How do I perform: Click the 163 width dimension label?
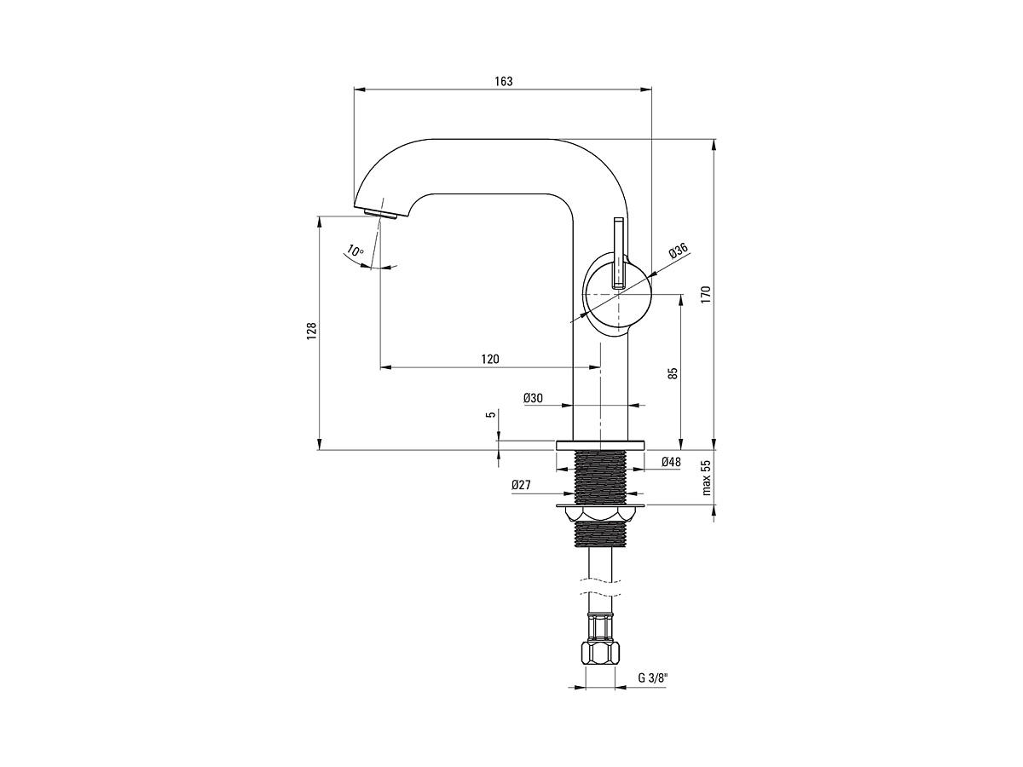503,82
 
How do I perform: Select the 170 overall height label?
706,295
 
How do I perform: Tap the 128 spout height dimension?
311,331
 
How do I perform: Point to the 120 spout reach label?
490,359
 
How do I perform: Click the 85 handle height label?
673,373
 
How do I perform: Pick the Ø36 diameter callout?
679,251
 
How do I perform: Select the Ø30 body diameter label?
533,398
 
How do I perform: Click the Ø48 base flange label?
671,462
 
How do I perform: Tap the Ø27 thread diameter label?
521,485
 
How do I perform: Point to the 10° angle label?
355,251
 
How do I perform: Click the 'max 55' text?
707,478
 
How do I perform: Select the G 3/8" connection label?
653,678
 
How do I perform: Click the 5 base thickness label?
490,414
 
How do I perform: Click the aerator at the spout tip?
380,214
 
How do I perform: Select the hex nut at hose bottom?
600,654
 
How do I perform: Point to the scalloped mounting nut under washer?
600,515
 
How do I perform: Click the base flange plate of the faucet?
600,445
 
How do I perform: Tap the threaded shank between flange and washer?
600,477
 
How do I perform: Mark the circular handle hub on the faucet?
618,294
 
